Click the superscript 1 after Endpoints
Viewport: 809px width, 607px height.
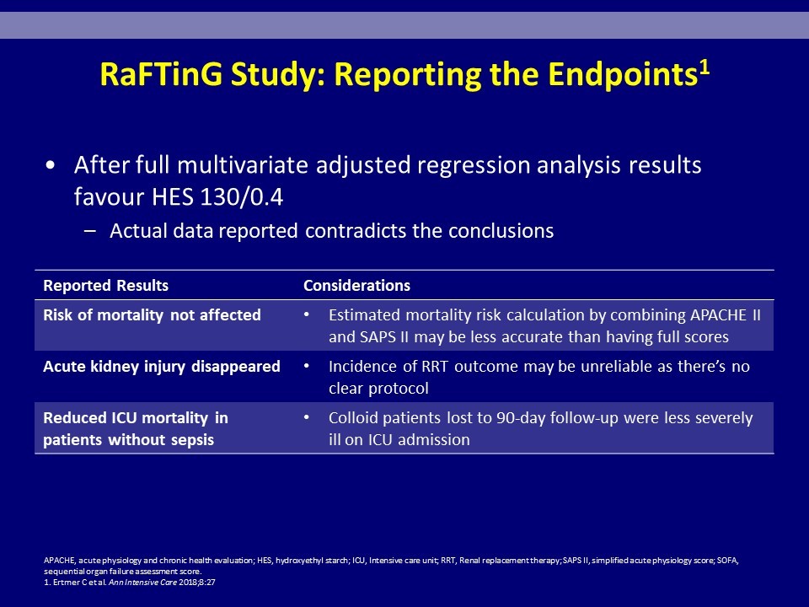(x=705, y=67)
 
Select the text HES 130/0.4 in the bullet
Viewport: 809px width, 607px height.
(x=217, y=196)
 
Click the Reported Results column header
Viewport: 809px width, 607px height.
(x=106, y=286)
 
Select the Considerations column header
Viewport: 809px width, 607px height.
(x=356, y=286)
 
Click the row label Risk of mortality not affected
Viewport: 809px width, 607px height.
(x=153, y=314)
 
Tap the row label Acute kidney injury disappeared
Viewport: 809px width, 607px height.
(x=162, y=366)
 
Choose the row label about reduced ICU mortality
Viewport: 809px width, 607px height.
(x=136, y=428)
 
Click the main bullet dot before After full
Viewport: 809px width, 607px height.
(x=50, y=166)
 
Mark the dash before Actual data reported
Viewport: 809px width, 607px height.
(x=90, y=231)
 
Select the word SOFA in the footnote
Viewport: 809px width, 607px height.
(x=726, y=561)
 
